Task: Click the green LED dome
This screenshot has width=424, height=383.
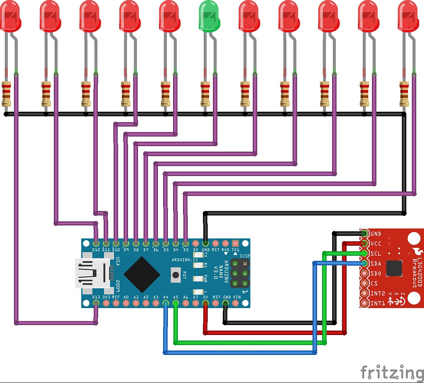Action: pos(209,16)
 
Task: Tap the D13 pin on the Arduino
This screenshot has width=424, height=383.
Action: pos(96,303)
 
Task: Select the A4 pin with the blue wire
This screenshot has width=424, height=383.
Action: pos(165,303)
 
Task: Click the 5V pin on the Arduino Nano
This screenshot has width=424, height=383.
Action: pos(205,303)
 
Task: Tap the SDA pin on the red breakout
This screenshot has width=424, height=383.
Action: pos(364,263)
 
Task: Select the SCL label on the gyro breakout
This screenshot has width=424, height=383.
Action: pos(376,254)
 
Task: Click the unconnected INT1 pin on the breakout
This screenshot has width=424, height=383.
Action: pos(364,303)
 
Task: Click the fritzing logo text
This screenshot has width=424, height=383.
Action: pos(392,371)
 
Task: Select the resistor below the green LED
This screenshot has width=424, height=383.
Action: pos(205,93)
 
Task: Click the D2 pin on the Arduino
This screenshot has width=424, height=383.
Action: pos(195,244)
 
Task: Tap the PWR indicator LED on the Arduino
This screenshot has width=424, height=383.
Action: pos(198,278)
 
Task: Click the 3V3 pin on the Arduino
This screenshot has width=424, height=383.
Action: pos(106,303)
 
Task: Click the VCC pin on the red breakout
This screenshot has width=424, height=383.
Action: pos(364,244)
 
